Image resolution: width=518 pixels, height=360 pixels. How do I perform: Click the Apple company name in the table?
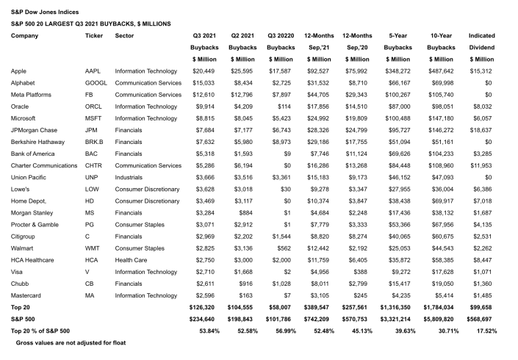[x=20, y=71]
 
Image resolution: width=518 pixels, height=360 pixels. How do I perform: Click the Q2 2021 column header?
[x=242, y=35]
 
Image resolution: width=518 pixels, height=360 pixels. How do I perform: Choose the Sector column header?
[x=125, y=35]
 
